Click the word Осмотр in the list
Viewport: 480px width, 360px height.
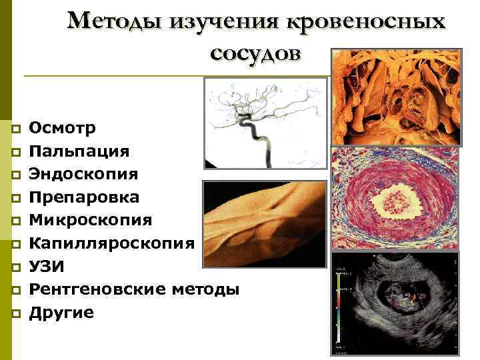coord(63,127)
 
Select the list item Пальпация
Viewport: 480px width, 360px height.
coord(80,151)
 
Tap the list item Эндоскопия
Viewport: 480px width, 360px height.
coord(84,174)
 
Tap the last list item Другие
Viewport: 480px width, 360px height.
coord(62,312)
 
